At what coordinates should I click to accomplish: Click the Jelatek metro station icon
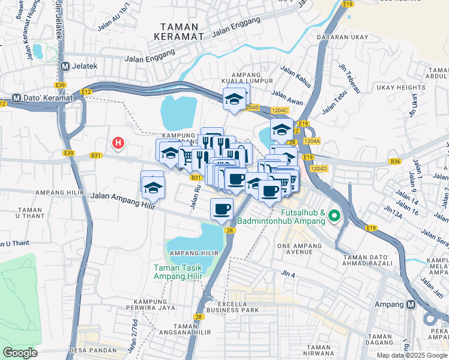pyautogui.click(x=64, y=65)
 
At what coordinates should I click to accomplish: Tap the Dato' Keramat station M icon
pyautogui.click(x=16, y=97)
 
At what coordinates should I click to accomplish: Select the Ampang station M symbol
pyautogui.click(x=411, y=304)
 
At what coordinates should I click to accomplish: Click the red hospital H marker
pyautogui.click(x=119, y=143)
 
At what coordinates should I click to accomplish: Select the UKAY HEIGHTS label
pyautogui.click(x=401, y=88)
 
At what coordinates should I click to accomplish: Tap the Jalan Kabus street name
pyautogui.click(x=295, y=76)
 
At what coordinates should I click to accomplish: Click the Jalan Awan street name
pyautogui.click(x=287, y=94)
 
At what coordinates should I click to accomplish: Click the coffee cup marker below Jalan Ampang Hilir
pyautogui.click(x=221, y=209)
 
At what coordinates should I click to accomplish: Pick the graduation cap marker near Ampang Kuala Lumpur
pyautogui.click(x=235, y=99)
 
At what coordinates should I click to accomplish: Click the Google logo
pyautogui.click(x=20, y=353)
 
